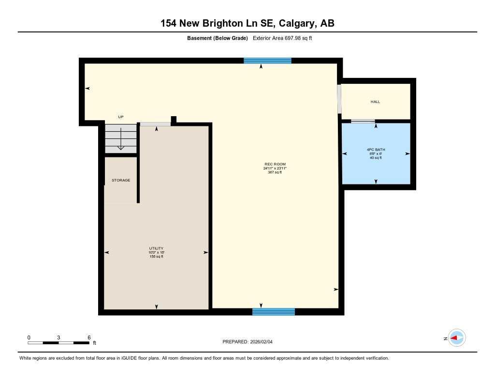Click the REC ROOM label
(275, 165)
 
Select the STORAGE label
(121, 180)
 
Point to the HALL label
(375, 102)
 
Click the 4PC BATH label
(376, 150)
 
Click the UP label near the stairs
(121, 117)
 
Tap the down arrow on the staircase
(121, 139)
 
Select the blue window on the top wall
(267, 61)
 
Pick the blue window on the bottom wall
(274, 312)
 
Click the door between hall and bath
(363, 121)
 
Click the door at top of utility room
(155, 124)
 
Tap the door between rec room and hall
(339, 99)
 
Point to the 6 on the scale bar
(89, 337)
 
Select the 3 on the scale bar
(58, 337)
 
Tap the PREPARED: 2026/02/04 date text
(250, 342)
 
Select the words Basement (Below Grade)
(217, 38)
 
